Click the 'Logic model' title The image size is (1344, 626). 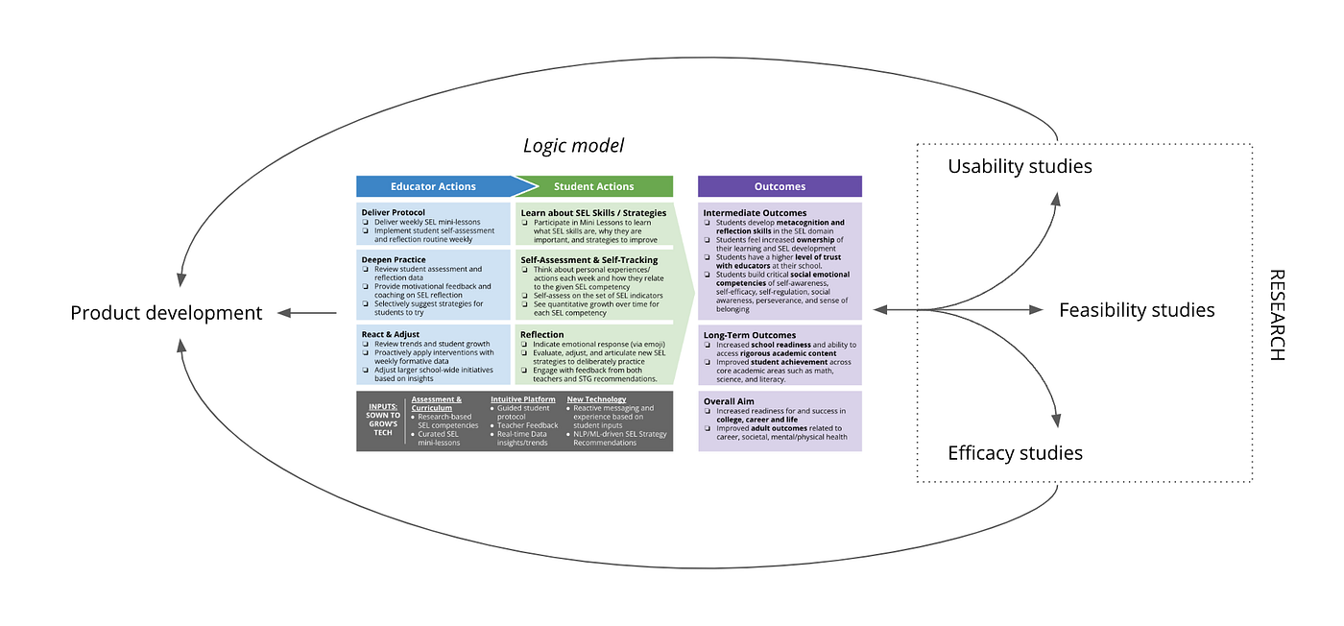coord(573,145)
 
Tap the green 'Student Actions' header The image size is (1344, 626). coord(593,186)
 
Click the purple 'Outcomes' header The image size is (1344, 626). coord(779,186)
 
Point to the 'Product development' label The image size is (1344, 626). coord(166,313)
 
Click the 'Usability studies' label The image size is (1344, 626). coord(1020,166)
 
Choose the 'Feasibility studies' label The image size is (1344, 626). coord(1137,310)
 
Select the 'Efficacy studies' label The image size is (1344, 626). coord(1015,453)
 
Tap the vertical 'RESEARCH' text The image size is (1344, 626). coord(1276,314)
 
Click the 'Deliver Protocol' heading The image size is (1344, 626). coord(394,212)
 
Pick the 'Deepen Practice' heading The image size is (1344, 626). coord(394,259)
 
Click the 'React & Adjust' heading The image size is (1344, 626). coord(391,333)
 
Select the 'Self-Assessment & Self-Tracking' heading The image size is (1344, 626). coord(589,259)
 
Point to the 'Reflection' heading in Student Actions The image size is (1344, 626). coord(542,334)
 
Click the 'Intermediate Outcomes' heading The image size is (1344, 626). coord(755,212)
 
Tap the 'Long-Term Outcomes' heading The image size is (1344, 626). coord(750,334)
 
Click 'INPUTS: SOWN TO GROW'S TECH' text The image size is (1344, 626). coord(382,420)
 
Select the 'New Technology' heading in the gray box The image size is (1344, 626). coord(596,398)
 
